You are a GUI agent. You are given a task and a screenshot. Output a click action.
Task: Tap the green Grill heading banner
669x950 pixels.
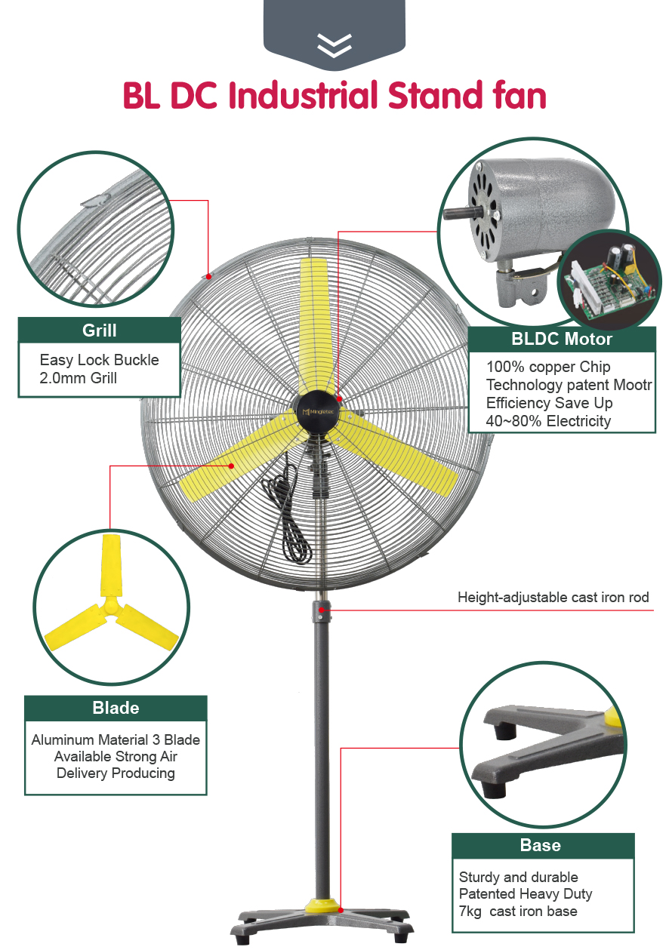pos(99,330)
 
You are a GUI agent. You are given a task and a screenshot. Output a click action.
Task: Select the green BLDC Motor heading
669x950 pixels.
pos(561,339)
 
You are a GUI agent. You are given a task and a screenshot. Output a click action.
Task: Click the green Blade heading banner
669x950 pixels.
pos(116,708)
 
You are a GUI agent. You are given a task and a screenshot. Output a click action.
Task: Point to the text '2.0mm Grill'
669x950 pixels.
pos(78,377)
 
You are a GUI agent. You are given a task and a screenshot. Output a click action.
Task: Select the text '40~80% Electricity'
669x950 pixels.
pos(548,421)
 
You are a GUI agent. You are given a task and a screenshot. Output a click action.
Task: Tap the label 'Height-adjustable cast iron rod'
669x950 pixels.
pos(553,598)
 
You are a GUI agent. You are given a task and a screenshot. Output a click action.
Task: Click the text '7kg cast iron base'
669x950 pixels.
pos(518,912)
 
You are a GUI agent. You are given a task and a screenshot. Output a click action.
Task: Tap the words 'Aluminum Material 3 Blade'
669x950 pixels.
pos(116,739)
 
